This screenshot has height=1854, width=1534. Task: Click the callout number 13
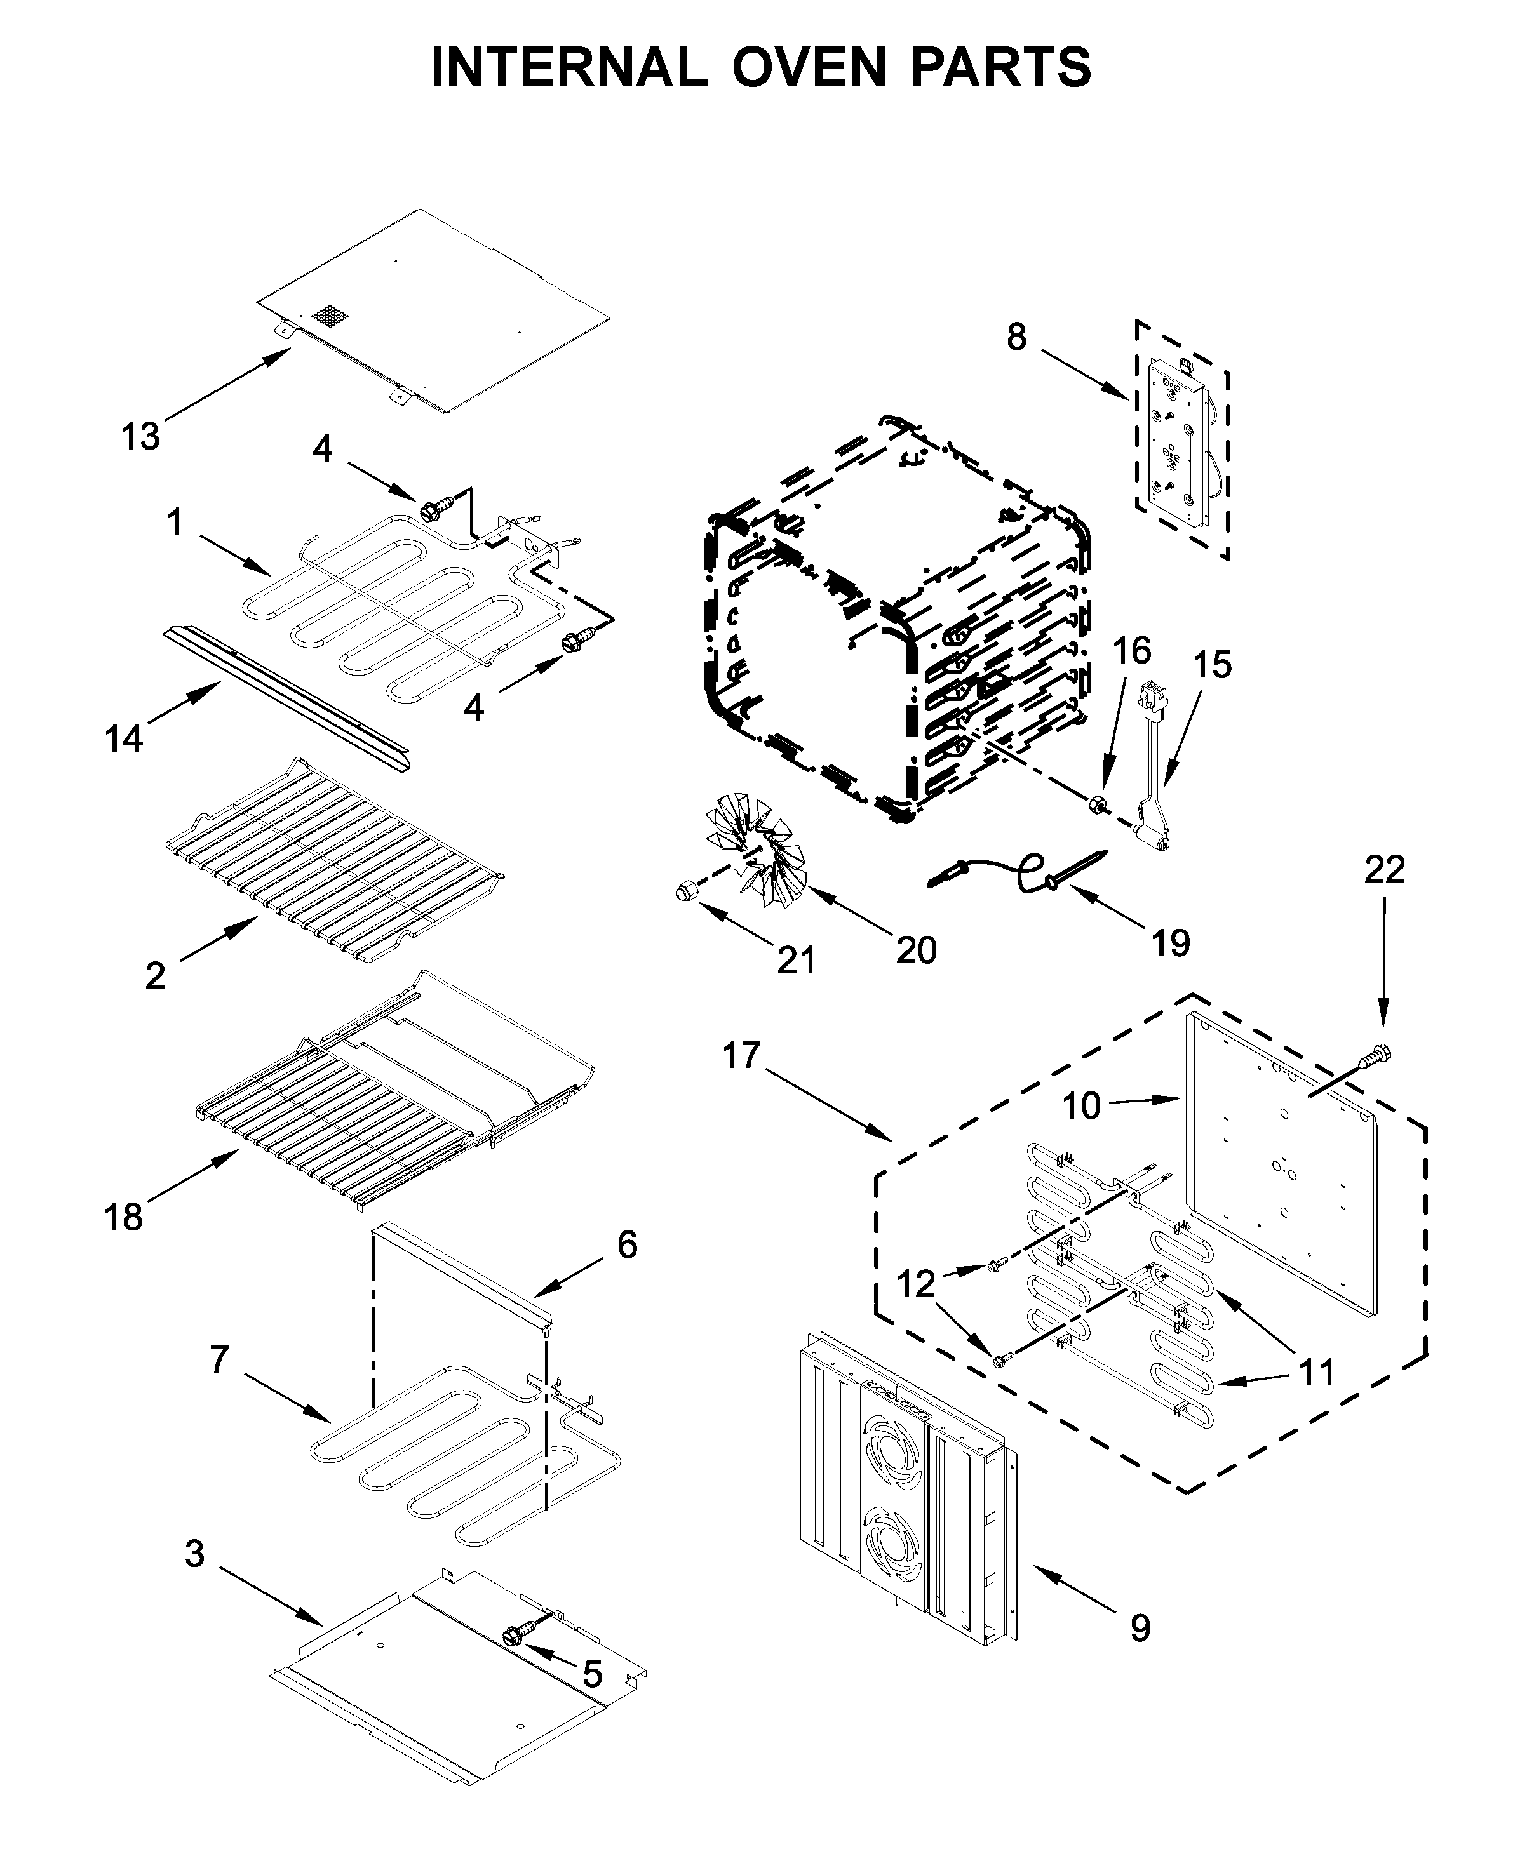pyautogui.click(x=140, y=436)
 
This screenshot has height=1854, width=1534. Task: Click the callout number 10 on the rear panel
pyautogui.click(x=1081, y=1104)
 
